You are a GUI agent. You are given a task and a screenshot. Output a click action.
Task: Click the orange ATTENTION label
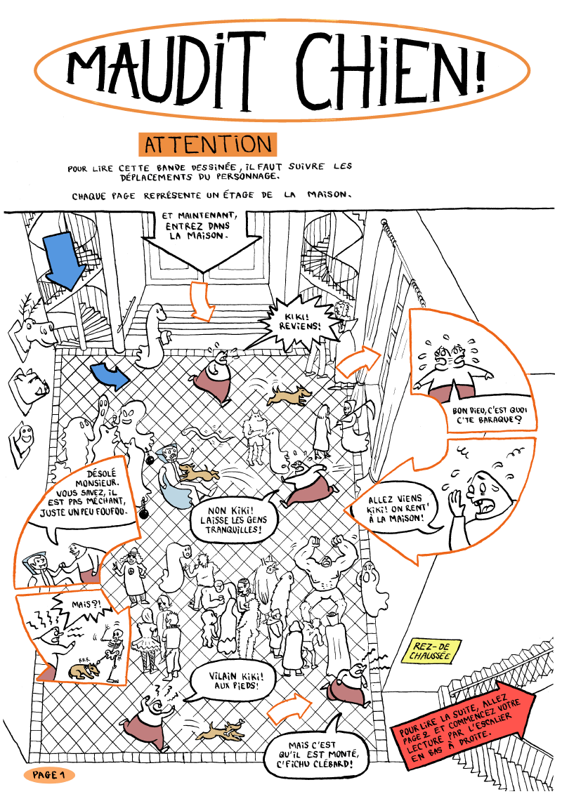pos(207,145)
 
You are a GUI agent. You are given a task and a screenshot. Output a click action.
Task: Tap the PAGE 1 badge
pos(48,775)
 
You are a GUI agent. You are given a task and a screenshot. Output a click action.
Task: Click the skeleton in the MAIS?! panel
pos(111,642)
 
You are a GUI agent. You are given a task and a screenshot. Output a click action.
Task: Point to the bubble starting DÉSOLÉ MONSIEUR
pos(89,501)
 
